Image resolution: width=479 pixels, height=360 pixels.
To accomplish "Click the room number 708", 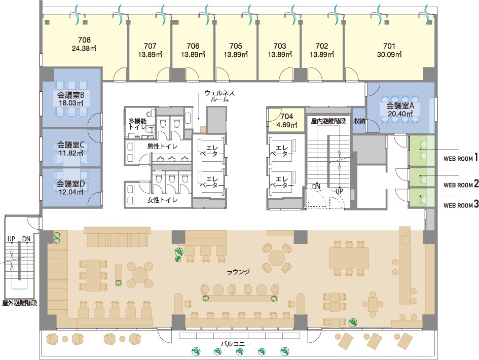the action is pos(84,40).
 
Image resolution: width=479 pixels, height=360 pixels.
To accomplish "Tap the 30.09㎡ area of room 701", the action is pos(389,55).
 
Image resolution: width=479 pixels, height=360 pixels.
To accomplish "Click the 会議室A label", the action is pos(400,106).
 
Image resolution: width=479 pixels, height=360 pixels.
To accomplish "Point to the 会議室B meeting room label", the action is pos(70,95).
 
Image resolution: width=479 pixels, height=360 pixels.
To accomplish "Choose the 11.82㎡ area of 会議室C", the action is pos(71,153).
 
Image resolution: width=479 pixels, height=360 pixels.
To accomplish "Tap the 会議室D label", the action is pos(70,184).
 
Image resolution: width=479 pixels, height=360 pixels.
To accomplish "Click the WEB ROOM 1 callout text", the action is pos(460,158).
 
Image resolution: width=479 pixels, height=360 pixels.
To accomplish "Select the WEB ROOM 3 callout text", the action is pos(461,205).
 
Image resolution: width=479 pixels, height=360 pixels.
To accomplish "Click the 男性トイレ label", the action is pos(162,147).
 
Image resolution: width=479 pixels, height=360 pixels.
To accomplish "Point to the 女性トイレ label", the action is pos(162,200).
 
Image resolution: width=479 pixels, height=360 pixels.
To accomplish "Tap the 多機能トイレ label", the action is pos(137,124).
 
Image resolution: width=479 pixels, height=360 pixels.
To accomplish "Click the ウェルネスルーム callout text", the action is pos(219,96).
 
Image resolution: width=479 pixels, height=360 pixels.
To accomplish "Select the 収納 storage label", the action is pos(359,121).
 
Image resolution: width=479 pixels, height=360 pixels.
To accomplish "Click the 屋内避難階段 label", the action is pos(328,121).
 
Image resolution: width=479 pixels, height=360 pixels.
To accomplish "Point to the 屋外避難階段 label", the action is pos(20,303).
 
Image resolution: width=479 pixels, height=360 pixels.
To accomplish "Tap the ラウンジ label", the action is pos(238,271).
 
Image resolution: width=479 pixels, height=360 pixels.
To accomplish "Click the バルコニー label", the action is pos(236,344).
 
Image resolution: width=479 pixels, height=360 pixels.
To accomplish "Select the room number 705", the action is pos(236,46).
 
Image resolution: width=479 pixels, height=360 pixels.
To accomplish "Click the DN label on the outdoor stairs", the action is pos(26,239).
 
